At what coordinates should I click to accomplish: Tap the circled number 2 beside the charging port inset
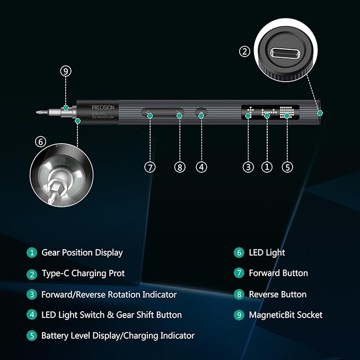pos(244,51)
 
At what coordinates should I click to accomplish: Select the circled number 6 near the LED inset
pos(40,142)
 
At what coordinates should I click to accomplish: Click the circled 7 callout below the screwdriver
pos(150,166)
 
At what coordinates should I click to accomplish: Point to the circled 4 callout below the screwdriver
pos(201,166)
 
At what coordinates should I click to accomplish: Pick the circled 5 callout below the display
pos(287,166)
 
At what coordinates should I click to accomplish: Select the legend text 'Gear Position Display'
pos(82,253)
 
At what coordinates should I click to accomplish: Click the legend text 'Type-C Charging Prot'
pos(83,274)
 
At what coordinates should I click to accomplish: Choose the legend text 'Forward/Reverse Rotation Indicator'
pos(109,294)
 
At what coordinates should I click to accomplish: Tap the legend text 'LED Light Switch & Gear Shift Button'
pos(111,315)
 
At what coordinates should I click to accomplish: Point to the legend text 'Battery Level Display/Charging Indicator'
pos(118,336)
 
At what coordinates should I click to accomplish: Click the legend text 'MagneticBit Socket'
pos(285,315)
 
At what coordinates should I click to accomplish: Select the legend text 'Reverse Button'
pos(277,294)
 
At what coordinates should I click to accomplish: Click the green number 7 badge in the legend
pos(239,274)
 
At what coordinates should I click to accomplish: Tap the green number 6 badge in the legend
pos(239,253)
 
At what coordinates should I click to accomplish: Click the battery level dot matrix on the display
pos(287,112)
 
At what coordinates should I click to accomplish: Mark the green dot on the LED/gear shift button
pos(201,114)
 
